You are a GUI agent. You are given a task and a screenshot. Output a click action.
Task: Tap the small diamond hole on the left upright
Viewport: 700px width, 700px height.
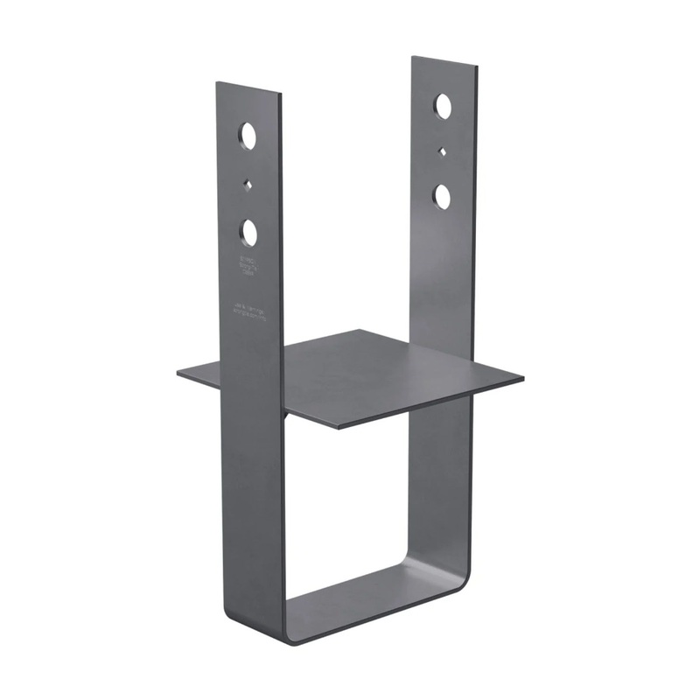tap(249, 184)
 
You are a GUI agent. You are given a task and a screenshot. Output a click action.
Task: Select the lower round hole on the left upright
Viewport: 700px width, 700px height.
tap(249, 232)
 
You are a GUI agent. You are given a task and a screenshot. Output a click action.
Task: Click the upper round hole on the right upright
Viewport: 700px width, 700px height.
tap(443, 107)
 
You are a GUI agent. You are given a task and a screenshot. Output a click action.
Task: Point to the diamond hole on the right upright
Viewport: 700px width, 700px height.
tap(443, 151)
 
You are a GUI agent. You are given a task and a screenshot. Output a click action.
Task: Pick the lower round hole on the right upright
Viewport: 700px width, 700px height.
tap(443, 196)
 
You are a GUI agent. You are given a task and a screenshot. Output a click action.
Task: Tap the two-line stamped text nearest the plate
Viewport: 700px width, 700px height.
tap(248, 307)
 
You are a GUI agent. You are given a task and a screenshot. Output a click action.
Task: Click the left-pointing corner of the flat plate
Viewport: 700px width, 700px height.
tap(179, 373)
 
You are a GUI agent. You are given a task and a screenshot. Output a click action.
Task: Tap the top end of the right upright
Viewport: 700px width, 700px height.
tap(444, 62)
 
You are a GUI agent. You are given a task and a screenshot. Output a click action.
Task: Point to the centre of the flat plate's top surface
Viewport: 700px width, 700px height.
tap(350, 376)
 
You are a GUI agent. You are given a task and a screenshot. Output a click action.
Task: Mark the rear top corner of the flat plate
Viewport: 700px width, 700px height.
tap(359, 331)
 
